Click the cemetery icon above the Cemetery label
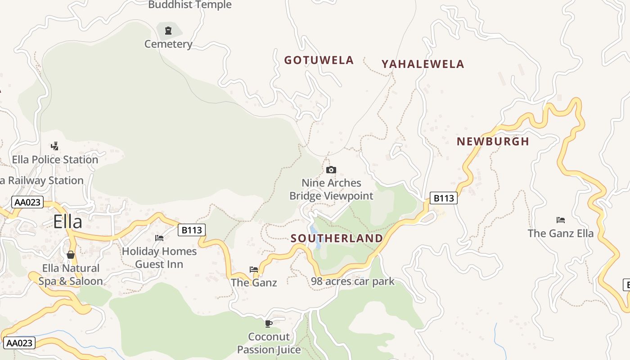pos(168,31)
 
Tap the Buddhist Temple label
pos(189,5)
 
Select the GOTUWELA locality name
pos(319,60)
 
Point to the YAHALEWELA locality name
pos(423,64)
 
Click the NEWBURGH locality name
pos(493,141)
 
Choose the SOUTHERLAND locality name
pos(337,238)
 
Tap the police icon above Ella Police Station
pos(55,146)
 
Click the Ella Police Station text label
pos(55,160)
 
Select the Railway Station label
pos(43,180)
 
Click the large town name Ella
pos(67,222)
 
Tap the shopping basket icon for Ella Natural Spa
pos(71,255)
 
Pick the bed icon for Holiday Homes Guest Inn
pos(159,238)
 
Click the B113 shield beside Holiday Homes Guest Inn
pos(192,230)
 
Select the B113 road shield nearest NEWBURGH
pos(443,198)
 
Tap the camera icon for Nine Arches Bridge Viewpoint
pos(331,170)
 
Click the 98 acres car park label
pos(352,281)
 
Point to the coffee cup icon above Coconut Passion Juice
pos(269,323)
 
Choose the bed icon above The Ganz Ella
pos(560,220)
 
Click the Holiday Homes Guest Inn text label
pos(159,257)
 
